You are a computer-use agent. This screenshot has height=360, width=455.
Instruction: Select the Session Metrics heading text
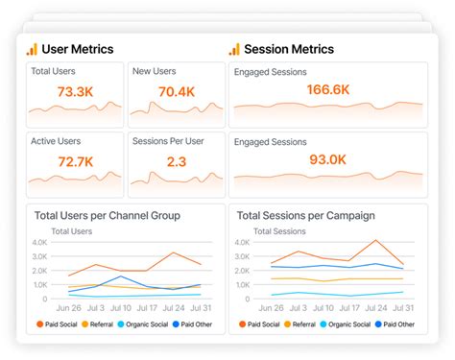coord(289,49)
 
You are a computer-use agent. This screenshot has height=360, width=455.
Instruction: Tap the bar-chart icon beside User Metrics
coord(32,49)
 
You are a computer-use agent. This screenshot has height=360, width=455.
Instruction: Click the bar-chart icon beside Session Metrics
coord(233,49)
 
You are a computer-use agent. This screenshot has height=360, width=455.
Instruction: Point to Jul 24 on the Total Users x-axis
coord(174,307)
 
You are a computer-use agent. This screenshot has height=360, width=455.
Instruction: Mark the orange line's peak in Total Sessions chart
coord(375,241)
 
